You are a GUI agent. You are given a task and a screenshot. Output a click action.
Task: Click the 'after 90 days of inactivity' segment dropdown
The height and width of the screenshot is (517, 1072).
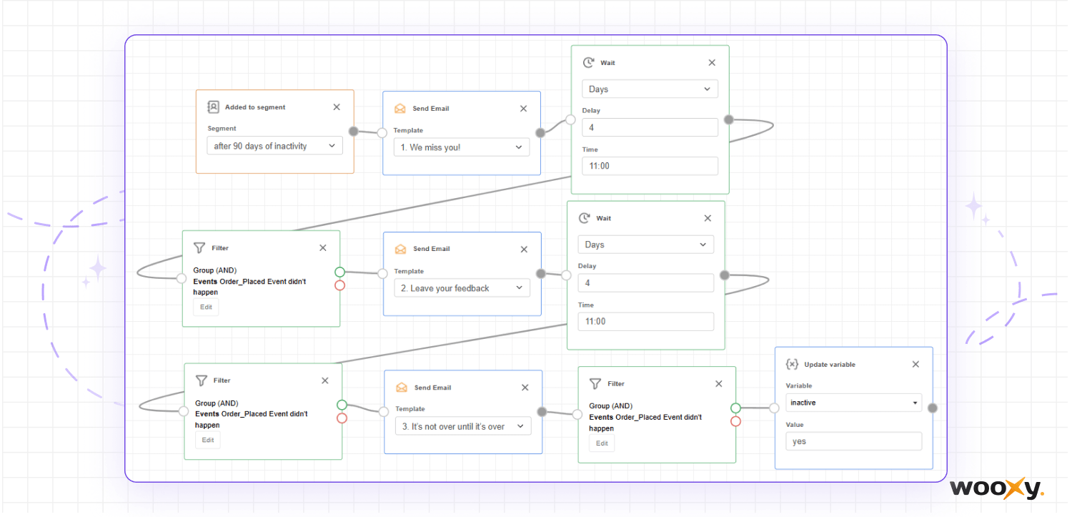274,146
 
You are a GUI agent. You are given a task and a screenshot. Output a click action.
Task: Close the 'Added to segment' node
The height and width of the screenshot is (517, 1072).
337,107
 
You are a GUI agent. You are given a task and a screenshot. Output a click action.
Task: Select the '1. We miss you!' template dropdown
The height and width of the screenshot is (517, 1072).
462,147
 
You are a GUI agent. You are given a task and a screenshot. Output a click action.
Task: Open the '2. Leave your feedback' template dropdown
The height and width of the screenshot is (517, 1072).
462,288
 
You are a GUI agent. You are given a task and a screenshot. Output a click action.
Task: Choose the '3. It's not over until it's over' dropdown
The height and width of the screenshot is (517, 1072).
463,426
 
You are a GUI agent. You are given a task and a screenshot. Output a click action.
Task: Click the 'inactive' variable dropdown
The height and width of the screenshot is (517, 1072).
854,403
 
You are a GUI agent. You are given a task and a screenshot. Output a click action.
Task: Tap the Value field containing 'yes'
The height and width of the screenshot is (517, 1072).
854,441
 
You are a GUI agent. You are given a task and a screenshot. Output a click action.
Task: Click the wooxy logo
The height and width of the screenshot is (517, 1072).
996,488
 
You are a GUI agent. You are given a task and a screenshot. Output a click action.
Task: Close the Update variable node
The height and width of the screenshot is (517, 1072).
915,364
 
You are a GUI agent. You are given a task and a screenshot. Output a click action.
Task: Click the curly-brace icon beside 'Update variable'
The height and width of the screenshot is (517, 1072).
792,364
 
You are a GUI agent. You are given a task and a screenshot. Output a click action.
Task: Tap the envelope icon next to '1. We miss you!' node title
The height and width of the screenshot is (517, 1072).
400,109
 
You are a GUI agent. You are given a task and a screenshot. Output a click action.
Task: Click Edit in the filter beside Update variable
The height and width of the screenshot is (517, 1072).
602,443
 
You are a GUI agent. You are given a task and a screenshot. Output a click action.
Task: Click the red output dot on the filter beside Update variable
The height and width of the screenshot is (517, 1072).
735,422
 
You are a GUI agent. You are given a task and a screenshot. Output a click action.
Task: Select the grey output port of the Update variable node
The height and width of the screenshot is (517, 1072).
932,408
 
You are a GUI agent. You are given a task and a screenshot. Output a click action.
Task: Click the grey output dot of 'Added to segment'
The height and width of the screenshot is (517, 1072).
354,131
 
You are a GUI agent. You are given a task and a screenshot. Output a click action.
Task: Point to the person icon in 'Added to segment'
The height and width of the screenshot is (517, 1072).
214,107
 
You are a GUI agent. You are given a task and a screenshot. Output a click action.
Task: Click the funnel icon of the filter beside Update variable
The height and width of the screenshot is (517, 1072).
595,384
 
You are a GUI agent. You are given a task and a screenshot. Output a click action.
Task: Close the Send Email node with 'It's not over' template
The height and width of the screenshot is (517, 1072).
525,388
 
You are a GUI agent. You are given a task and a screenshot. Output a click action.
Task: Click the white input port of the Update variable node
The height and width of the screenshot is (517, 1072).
774,408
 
